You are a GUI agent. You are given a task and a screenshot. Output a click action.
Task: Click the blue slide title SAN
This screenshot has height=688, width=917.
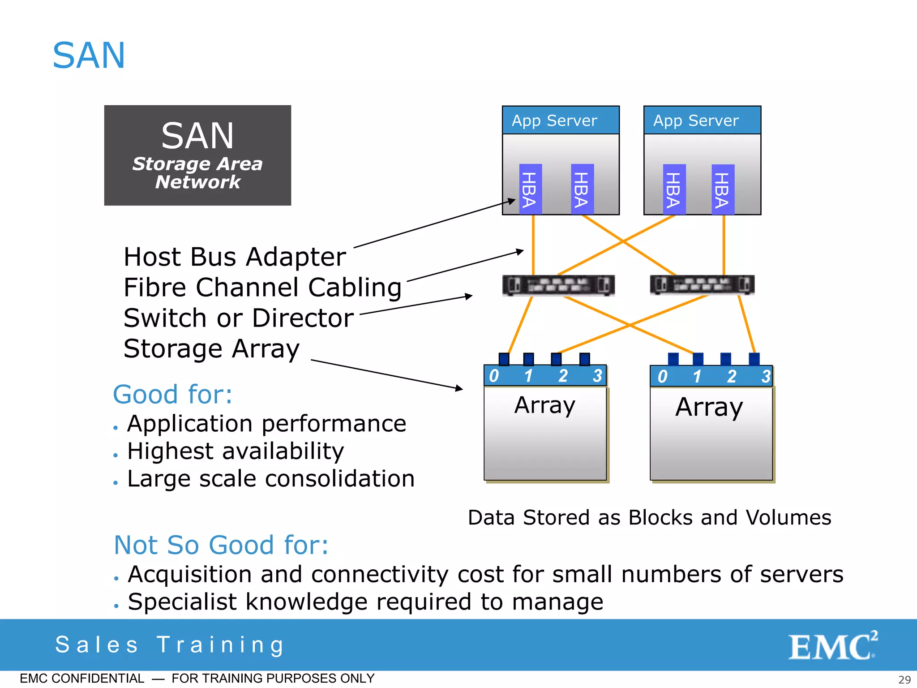point(89,56)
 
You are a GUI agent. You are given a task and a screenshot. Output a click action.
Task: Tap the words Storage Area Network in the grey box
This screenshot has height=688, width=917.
point(197,173)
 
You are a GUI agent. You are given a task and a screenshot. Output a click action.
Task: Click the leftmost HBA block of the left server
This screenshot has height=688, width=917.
point(530,189)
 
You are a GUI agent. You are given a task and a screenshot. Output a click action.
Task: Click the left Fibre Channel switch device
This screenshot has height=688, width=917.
point(558,285)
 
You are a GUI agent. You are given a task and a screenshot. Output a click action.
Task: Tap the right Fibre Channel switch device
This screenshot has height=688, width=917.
point(702,285)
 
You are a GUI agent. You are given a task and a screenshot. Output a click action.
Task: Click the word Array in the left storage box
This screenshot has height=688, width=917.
point(544,405)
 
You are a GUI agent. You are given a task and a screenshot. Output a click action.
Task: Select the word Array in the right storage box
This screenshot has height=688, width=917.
point(709,407)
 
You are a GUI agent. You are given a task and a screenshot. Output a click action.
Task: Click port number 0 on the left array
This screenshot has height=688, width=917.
point(494,376)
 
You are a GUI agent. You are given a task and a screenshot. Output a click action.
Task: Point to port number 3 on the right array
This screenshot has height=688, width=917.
point(766,376)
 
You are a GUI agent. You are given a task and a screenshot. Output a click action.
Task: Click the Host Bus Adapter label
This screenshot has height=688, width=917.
point(235,257)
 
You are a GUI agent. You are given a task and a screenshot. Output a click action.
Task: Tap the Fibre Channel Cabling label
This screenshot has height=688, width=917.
point(262,288)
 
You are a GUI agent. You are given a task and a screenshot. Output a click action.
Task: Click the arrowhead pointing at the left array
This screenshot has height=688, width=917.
point(459,388)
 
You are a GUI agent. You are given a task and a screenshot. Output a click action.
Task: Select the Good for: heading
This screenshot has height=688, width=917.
point(173,395)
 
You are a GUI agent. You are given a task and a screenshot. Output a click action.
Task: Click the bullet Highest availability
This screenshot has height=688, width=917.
point(236,451)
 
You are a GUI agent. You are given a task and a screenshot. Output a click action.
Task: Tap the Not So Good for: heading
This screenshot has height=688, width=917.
point(221,545)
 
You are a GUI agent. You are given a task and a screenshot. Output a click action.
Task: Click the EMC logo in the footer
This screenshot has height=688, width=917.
point(832,646)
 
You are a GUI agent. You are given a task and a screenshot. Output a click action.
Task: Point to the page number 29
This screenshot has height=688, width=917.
point(904,679)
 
